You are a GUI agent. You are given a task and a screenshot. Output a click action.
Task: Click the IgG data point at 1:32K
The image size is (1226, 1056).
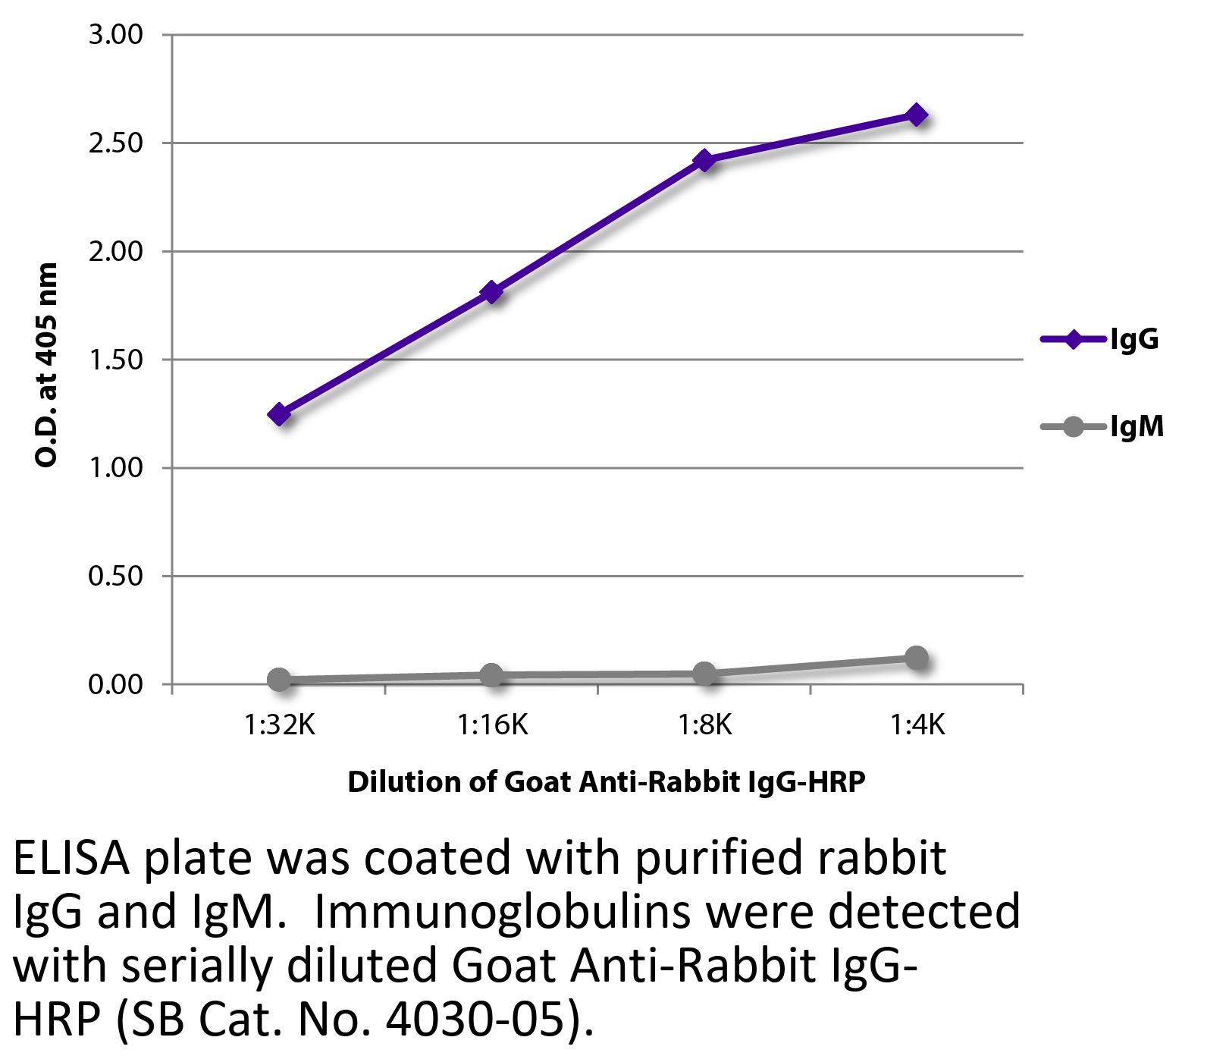279,414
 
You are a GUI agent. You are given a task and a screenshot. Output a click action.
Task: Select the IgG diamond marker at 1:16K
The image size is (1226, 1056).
492,292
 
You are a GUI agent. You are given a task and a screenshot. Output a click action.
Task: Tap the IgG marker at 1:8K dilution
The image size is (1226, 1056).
704,160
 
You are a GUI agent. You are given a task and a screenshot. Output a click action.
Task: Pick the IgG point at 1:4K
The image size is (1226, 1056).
917,115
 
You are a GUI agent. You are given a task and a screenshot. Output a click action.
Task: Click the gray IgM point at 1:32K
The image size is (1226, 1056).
279,680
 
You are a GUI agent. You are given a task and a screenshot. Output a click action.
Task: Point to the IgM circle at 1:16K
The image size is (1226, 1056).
492,674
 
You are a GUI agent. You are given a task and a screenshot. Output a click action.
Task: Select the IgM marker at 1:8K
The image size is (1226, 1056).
704,673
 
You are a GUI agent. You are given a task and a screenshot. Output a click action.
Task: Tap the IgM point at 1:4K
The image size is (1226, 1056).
917,658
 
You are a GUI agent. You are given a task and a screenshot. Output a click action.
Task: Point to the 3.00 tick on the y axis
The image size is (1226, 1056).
116,35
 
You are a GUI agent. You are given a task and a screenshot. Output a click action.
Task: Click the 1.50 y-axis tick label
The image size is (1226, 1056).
116,360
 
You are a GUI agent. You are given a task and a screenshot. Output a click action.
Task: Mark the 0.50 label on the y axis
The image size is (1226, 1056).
116,577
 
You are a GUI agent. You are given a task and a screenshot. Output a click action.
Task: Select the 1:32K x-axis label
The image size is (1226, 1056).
279,726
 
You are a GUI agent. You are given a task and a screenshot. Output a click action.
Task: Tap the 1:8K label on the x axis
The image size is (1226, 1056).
704,726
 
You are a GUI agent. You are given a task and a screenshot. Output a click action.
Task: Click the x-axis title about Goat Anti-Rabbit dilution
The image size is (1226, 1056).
606,782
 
